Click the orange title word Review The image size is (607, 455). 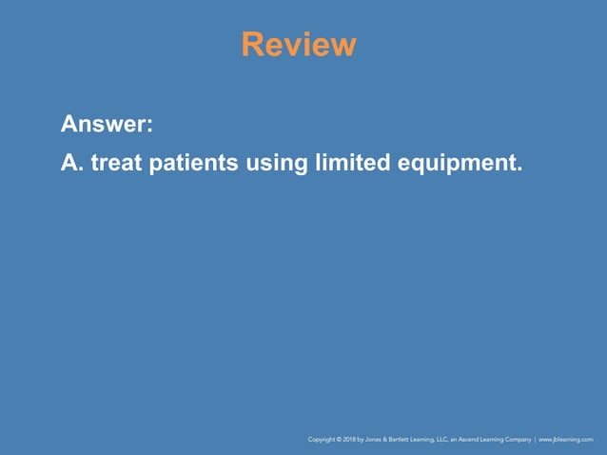(299, 45)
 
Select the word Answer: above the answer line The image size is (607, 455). (108, 125)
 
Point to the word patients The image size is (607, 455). (194, 164)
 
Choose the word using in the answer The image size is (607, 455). (275, 164)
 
